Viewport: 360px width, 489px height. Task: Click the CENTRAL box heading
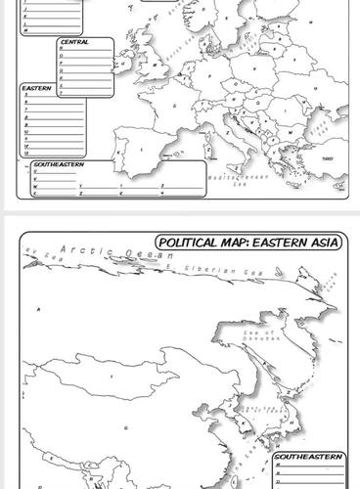(74, 43)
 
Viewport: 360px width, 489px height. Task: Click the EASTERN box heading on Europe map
(35, 88)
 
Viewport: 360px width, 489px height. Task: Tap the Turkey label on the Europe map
(328, 157)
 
